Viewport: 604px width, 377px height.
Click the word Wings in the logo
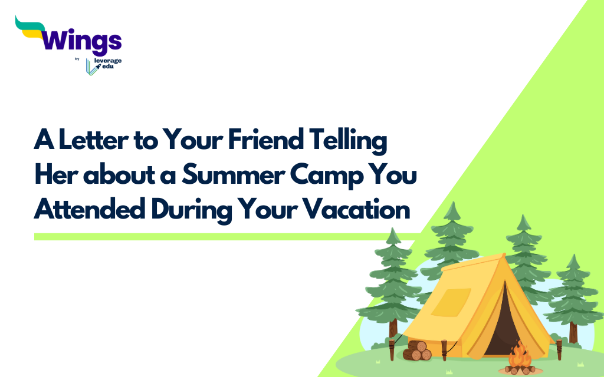tap(82, 42)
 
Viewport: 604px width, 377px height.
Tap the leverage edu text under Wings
tap(108, 65)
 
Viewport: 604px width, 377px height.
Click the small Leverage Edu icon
tap(91, 67)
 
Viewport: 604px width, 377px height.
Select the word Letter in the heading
tap(90, 143)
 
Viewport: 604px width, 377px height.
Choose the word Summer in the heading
tap(228, 176)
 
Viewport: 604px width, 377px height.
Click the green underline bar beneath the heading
tap(224, 237)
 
